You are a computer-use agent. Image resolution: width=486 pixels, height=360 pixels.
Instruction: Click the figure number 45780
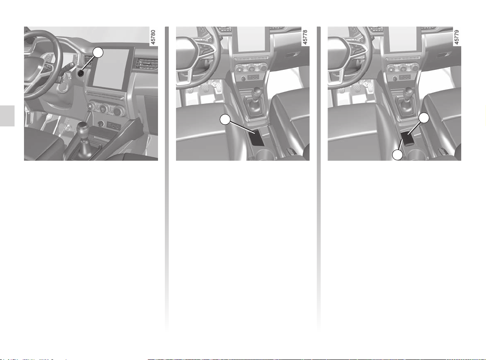(153, 37)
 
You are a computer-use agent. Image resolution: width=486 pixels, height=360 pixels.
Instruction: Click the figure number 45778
(305, 37)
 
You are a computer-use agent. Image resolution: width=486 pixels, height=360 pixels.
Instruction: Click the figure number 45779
(456, 37)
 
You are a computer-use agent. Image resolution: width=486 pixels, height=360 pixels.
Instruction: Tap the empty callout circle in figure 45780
(98, 52)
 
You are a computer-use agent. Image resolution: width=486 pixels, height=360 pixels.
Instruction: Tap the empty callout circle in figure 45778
(225, 120)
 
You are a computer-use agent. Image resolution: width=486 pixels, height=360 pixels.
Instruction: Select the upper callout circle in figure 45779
(424, 118)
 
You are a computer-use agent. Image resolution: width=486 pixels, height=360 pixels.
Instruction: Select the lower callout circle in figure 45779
(397, 155)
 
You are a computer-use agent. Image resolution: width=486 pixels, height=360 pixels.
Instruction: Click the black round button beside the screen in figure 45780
(81, 73)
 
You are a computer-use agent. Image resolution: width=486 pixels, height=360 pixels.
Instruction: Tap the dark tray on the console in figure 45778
(257, 137)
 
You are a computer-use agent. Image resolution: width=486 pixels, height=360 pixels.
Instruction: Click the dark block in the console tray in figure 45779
(408, 138)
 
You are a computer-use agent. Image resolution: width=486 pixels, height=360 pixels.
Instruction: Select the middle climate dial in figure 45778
(251, 68)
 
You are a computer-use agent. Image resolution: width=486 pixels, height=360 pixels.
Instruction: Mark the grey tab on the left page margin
(7, 116)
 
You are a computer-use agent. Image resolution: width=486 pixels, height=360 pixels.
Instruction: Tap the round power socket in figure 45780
(101, 124)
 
